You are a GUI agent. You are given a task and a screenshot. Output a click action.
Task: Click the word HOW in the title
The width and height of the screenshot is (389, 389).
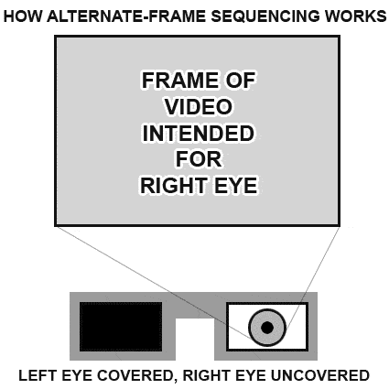pyautogui.click(x=22, y=16)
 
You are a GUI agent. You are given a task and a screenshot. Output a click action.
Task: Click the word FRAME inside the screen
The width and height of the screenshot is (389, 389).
pyautogui.click(x=180, y=81)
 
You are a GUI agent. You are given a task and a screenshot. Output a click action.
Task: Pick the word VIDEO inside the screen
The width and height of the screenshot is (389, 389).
pyautogui.click(x=199, y=107)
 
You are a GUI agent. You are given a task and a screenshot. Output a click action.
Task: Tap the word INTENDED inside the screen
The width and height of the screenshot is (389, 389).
pyautogui.click(x=199, y=134)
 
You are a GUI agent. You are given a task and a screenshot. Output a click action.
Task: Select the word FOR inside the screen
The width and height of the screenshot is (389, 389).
pyautogui.click(x=199, y=159)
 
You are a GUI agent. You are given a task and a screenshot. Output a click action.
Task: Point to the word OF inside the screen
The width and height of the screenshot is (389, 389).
pyautogui.click(x=241, y=81)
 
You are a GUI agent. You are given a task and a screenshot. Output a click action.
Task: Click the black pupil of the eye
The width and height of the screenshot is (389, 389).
pyautogui.click(x=267, y=328)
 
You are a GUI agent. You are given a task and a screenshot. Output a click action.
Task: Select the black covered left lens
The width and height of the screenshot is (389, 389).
pyautogui.click(x=121, y=327)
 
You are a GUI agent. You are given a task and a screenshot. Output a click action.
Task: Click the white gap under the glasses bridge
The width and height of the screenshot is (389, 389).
pyautogui.click(x=195, y=340)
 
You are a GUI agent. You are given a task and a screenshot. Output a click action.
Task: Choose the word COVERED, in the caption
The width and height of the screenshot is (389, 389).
pyautogui.click(x=135, y=375)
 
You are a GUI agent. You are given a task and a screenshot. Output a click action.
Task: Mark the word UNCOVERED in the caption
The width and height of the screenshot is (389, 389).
pyautogui.click(x=320, y=375)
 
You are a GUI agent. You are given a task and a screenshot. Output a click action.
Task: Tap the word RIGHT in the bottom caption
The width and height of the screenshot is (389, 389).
pyautogui.click(x=205, y=375)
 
